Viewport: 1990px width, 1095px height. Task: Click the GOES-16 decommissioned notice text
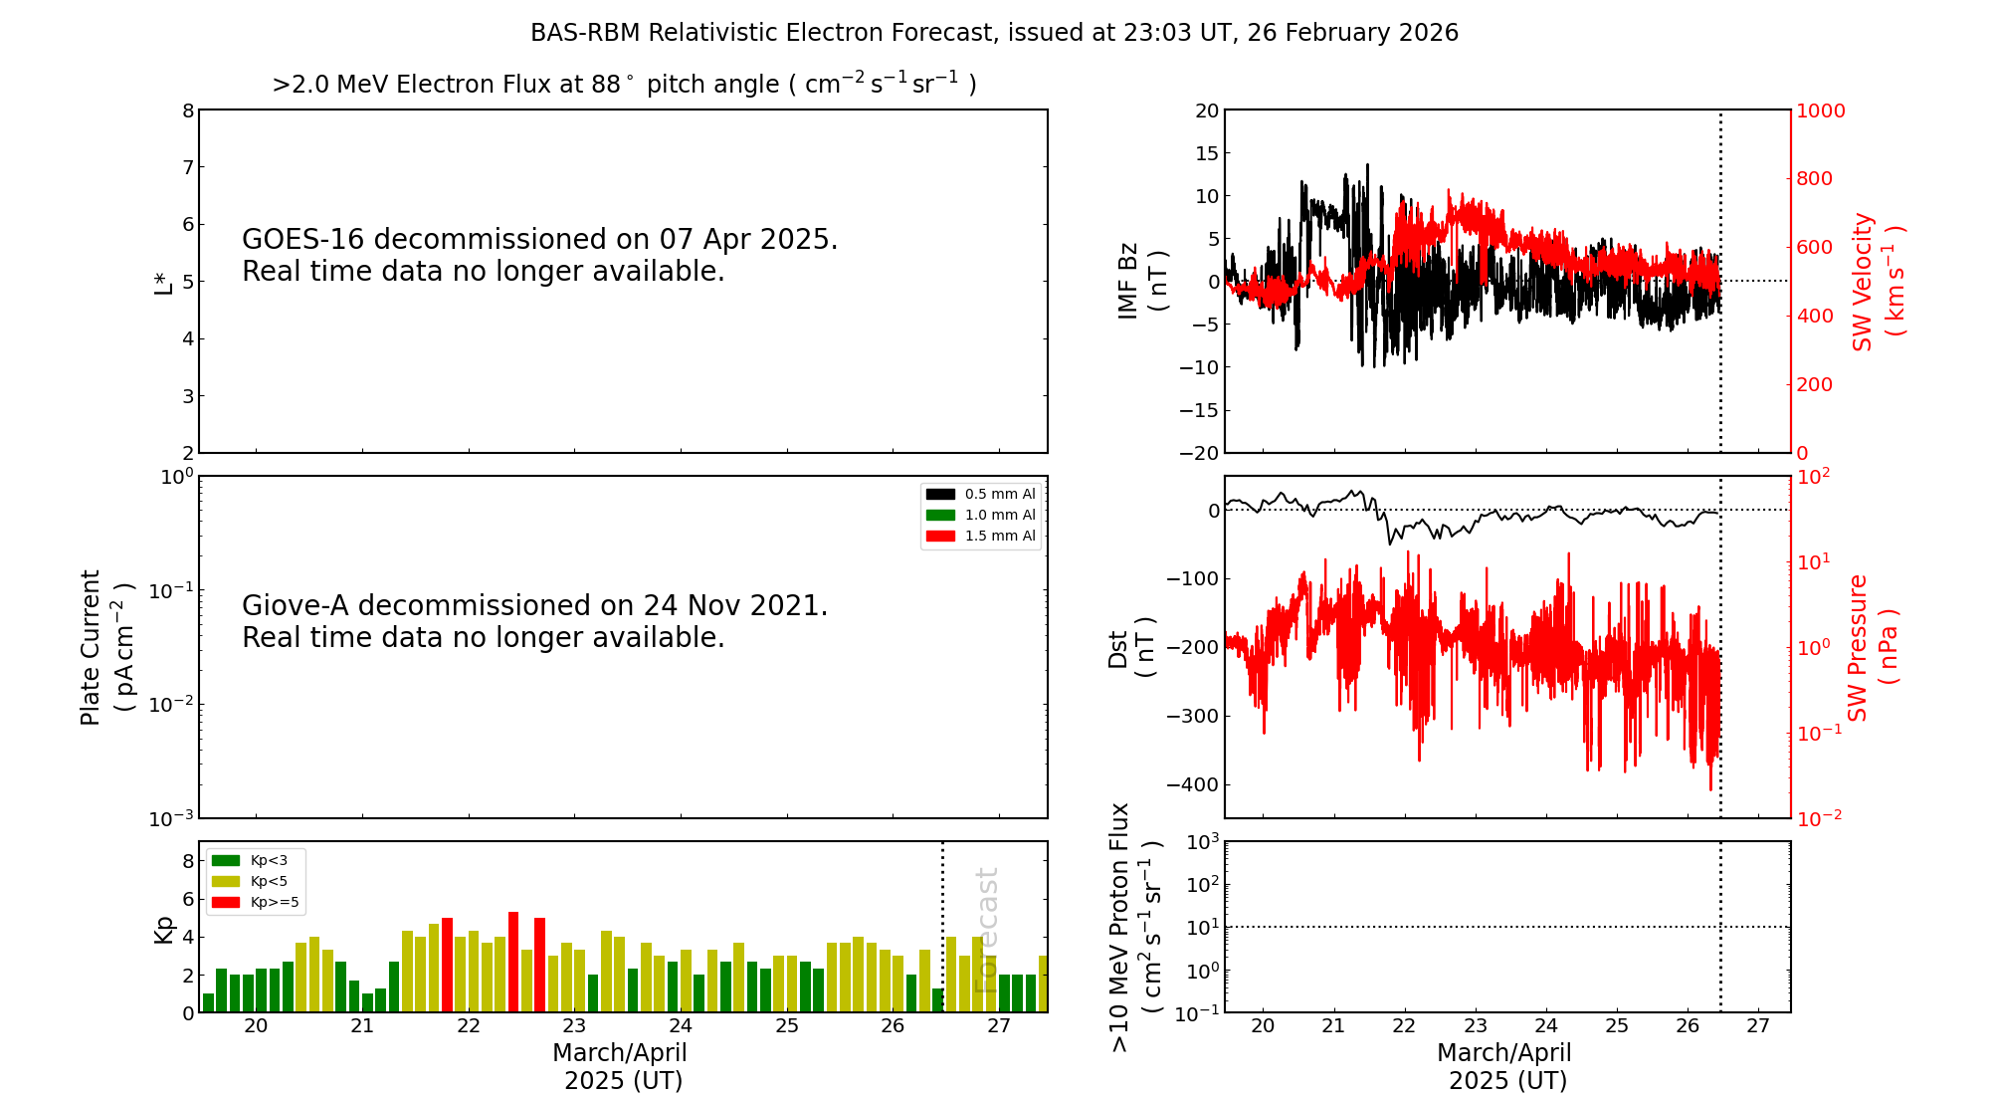(539, 255)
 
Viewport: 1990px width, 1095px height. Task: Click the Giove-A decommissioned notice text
(534, 621)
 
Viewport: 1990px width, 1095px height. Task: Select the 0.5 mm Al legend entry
(981, 494)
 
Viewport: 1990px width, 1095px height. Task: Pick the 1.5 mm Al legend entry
(981, 536)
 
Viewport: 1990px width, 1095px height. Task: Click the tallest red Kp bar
(513, 962)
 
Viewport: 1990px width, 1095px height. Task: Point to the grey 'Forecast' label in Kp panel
(985, 930)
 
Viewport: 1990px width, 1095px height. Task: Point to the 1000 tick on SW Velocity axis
(1820, 110)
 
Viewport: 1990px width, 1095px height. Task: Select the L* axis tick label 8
(188, 110)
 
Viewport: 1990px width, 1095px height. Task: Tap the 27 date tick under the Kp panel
(999, 1026)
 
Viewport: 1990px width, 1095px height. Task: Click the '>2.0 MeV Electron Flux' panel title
(624, 85)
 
